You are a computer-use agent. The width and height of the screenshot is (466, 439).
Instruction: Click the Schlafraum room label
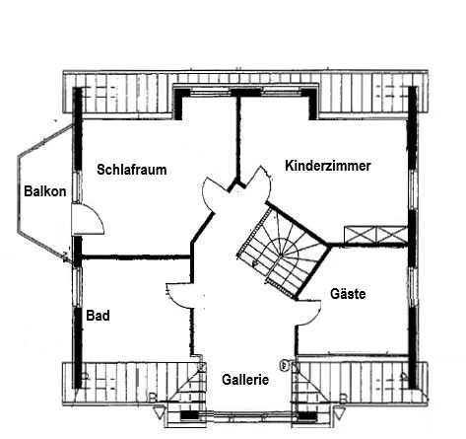tap(132, 170)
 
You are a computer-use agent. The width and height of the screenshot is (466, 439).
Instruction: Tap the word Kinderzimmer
tap(327, 166)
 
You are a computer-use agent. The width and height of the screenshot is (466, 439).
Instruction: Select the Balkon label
tap(44, 191)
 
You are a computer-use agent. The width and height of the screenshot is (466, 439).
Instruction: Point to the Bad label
tap(98, 317)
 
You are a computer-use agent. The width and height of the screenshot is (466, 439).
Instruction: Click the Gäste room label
tap(348, 294)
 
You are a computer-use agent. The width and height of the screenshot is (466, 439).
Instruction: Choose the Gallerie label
tap(245, 379)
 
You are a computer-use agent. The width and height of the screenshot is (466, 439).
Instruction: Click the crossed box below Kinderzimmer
tap(374, 234)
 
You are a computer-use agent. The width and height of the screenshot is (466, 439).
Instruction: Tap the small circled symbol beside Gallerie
tap(285, 364)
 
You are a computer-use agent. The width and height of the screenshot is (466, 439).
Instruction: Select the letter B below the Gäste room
tap(342, 398)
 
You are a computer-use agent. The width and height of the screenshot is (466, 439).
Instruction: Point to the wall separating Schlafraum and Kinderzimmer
tap(236, 138)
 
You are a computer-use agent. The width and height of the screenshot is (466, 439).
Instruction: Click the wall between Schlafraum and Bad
tap(133, 257)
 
